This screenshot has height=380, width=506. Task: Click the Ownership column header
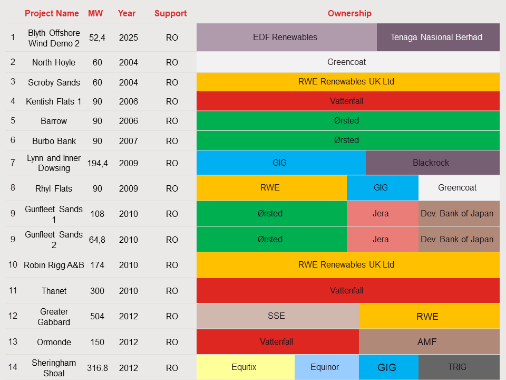point(349,13)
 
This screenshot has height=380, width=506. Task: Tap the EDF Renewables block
point(286,37)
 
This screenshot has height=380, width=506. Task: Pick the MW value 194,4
point(98,163)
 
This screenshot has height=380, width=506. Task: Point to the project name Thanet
point(54,291)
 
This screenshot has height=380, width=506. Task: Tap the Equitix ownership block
point(245,367)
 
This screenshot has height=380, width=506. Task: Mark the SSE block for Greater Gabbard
point(277,316)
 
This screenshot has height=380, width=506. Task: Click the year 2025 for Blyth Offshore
point(128,37)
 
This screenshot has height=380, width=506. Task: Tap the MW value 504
point(98,316)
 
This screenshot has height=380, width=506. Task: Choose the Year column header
point(126,13)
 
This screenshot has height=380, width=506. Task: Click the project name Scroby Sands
point(54,82)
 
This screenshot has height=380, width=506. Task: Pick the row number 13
point(13,342)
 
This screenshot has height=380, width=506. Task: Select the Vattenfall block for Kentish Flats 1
point(348,101)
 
